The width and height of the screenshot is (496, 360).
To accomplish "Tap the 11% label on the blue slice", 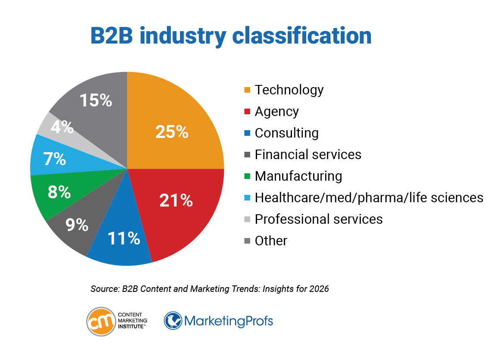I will pos(124,238).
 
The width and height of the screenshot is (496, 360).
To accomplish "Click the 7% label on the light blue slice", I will pos(54,159).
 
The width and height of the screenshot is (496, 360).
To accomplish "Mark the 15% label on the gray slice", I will pos(95,100).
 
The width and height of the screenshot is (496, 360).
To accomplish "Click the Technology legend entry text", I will pos(289,90).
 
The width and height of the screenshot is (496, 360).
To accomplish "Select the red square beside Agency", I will pos(247,112).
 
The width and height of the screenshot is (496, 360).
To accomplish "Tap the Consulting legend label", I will pos(286,133).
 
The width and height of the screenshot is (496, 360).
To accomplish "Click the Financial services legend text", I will pos(308,154).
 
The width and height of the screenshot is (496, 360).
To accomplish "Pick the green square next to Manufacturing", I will pos(247,176).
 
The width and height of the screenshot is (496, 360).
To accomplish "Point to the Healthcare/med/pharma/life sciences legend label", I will pos(369,197).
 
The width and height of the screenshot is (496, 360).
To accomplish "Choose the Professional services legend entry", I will pos(318,219).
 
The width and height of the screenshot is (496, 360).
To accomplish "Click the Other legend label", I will pos(271,241).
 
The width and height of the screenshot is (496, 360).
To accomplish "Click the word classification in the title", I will pos(302,36).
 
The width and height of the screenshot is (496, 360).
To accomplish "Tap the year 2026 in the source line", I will pos(319,289).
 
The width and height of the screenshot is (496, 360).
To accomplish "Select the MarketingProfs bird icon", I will pos(173,321).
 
